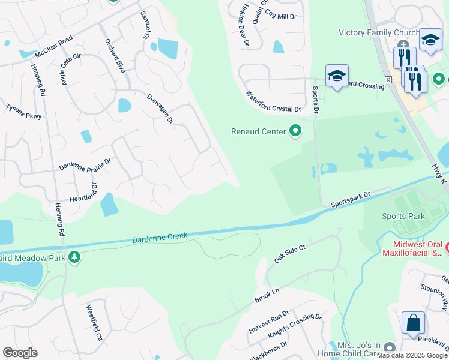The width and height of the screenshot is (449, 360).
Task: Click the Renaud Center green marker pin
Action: tap(295, 130)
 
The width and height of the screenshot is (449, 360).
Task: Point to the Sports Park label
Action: tap(403, 215)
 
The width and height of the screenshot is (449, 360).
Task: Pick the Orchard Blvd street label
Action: tap(115, 56)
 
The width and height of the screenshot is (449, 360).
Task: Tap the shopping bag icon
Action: tap(413, 323)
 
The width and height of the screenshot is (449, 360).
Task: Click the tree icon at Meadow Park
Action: tap(74, 257)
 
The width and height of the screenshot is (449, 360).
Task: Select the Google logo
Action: tap(20, 353)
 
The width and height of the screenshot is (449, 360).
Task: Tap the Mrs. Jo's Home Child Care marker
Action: tap(390, 347)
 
